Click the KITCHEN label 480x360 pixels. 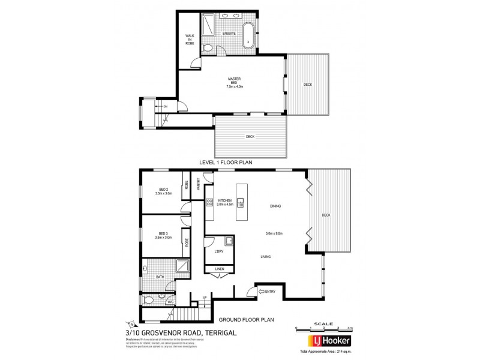224,201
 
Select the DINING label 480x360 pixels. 276,207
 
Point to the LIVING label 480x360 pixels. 265,257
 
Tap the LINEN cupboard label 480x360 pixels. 220,269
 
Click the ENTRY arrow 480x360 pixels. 262,292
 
